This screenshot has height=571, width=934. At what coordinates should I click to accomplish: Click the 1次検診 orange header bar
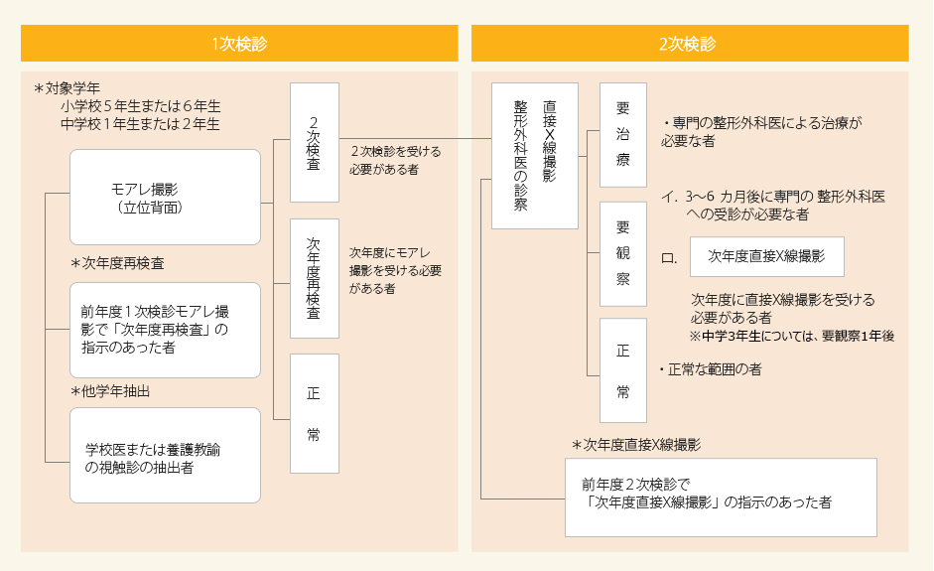pos(239,44)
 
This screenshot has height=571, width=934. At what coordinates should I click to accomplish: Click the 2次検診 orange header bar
pos(689,44)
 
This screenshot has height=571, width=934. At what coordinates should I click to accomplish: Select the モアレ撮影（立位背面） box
pos(165,197)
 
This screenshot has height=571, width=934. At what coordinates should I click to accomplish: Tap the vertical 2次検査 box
pos(314,142)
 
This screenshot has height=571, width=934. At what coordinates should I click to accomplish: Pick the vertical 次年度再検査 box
pos(314,278)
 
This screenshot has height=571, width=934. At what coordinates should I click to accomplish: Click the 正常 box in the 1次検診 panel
pos(314,413)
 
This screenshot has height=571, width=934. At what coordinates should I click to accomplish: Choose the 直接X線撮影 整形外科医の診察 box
pos(534,156)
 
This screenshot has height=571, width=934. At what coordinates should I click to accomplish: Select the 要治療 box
pos(622,135)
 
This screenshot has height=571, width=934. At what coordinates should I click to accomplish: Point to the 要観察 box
pos(622,253)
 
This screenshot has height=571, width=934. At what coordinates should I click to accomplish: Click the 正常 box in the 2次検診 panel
pos(622,370)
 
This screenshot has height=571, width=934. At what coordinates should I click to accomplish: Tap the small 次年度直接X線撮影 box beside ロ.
pos(766,256)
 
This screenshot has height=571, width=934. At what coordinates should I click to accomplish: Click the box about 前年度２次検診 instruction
pos(721,497)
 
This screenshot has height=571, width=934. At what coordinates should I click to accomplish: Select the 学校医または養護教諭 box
pos(165,456)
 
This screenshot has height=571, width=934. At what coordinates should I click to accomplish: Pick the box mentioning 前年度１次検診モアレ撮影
pos(165,330)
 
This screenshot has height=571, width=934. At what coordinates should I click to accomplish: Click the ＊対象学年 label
pos(67,87)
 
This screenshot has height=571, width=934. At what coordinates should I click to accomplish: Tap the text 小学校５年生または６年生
pos(140,105)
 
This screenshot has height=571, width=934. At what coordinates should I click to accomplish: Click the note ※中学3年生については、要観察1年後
pos(792,337)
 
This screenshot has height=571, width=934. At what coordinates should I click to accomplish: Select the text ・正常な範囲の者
pos(711,369)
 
